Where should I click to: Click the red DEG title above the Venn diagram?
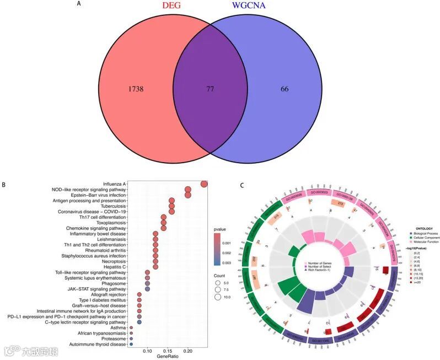pyautogui.click(x=179, y=7)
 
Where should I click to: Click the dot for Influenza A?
pyautogui.click(x=204, y=184)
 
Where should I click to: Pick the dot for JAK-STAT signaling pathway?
pyautogui.click(x=147, y=288)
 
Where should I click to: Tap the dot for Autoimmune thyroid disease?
pyautogui.click(x=131, y=344)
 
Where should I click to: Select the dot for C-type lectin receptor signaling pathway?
pyautogui.click(x=139, y=322)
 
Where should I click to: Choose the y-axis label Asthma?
pyautogui.click(x=119, y=327)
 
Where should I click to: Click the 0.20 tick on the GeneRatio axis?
pyautogui.click(x=187, y=351)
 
